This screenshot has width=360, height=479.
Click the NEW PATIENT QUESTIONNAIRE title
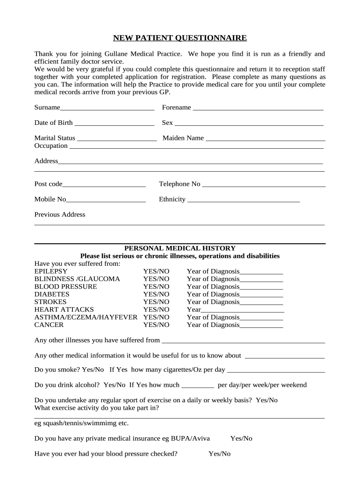180,38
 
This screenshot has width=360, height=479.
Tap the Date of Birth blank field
114,123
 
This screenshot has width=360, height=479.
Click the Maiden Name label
183,138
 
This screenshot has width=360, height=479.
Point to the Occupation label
51,145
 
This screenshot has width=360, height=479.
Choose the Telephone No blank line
263,185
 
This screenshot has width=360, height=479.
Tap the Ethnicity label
172,199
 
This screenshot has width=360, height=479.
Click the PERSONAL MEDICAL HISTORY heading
180,248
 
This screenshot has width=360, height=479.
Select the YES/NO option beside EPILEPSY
156,271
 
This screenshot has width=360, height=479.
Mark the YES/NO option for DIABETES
156,294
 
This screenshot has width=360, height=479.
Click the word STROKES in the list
50,302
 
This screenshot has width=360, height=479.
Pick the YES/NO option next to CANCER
156,325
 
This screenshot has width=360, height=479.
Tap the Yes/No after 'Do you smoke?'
93,370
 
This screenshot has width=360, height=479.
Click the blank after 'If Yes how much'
197,386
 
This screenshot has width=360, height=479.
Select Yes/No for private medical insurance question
241,438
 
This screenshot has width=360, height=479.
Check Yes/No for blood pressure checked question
219,454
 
